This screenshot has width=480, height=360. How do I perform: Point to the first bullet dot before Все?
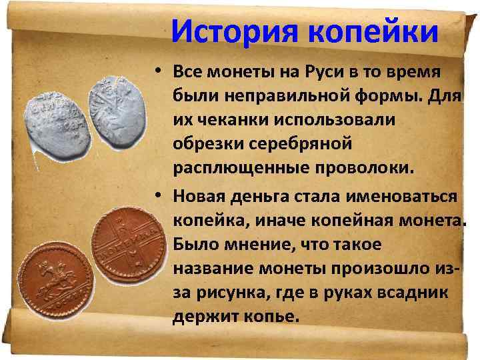pos(160,72)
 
